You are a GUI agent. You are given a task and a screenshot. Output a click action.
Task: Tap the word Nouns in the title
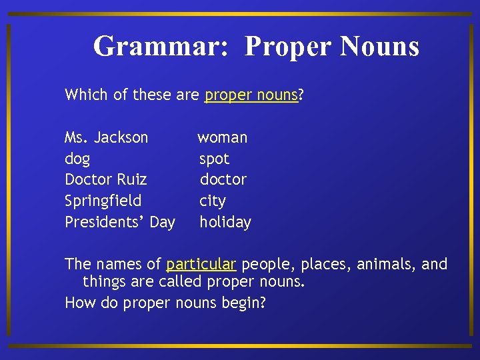379,47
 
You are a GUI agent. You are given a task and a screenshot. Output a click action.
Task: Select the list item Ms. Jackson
107,138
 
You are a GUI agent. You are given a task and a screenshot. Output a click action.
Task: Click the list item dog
77,159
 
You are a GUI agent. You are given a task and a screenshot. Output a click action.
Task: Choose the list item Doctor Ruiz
106,180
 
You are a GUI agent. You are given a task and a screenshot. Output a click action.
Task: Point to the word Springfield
103,201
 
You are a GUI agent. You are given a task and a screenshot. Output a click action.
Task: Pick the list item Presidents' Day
120,222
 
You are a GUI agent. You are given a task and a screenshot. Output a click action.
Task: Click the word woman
223,138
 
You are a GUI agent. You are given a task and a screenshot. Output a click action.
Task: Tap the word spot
214,159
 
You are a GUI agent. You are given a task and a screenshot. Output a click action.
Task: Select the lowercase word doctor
223,180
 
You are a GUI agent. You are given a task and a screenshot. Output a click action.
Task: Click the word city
213,201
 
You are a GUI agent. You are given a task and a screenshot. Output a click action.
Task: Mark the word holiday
225,222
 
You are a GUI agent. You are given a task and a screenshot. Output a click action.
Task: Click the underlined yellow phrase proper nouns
251,95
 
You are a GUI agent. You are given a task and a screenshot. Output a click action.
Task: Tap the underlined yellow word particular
201,265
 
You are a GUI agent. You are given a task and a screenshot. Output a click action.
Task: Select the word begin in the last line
244,303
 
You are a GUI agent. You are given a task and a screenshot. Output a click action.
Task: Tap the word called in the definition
181,282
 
